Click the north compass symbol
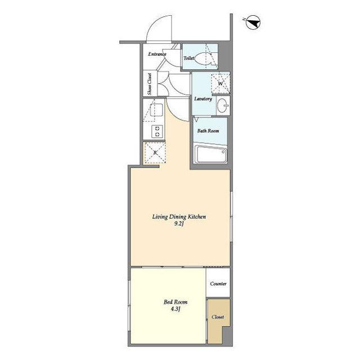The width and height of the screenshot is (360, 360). (x=253, y=22)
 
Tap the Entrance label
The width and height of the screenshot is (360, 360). (x=157, y=54)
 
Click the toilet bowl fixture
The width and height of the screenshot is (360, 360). (x=204, y=58)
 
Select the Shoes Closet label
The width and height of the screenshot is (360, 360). (x=150, y=84)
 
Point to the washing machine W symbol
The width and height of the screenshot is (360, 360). (x=220, y=84)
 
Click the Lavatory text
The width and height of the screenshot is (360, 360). (x=203, y=99)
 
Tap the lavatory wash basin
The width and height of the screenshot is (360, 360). (x=223, y=106)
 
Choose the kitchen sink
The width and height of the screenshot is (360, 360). (x=156, y=110)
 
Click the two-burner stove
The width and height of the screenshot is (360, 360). (x=157, y=132)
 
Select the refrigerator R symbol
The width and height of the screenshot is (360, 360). (x=155, y=152)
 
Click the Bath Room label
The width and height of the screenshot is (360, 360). (x=208, y=131)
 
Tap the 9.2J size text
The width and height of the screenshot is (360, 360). (x=179, y=224)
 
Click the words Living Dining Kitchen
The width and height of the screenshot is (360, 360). (x=179, y=217)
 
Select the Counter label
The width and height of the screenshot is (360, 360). (x=218, y=283)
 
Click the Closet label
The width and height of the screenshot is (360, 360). (x=218, y=317)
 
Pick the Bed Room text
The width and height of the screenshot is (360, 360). (x=175, y=302)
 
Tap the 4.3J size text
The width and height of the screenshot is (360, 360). (x=175, y=309)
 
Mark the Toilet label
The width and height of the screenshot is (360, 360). (x=189, y=58)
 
